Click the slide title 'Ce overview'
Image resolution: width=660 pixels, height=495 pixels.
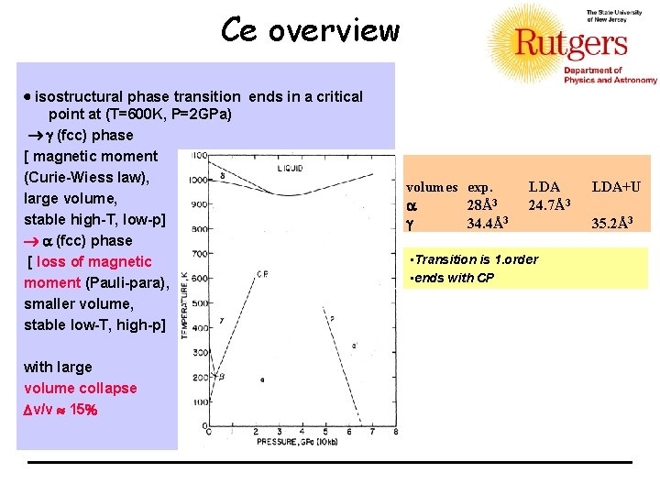(310, 31)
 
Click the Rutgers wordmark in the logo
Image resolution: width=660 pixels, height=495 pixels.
(570, 43)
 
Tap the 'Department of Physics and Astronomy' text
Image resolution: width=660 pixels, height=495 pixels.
(610, 76)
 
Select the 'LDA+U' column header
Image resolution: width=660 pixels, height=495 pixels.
(616, 187)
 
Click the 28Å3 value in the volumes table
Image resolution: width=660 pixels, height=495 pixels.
(482, 204)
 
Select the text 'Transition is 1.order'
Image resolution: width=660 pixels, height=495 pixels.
(476, 259)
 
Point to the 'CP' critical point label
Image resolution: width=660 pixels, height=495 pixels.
(262, 274)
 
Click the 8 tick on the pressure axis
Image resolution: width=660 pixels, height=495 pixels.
(395, 432)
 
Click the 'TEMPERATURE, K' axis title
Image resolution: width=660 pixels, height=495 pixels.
(185, 302)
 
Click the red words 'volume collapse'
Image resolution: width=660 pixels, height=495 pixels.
(81, 388)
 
